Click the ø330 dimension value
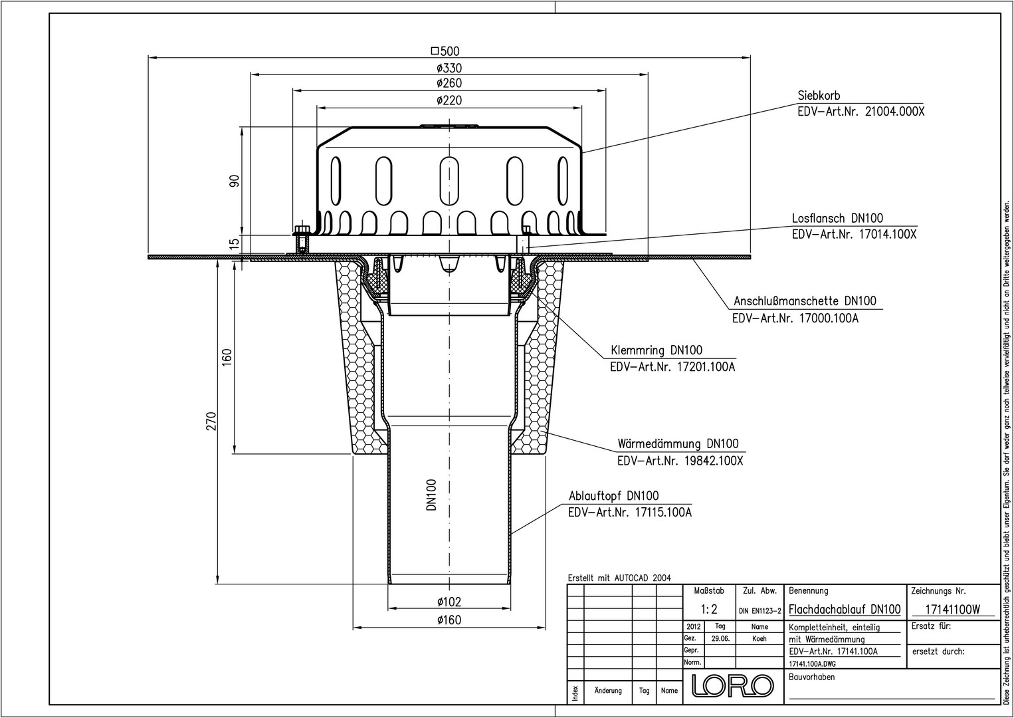pos(449,68)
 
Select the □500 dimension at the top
pos(445,51)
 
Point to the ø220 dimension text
pos(449,100)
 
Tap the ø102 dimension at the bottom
pos(449,602)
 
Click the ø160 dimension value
pos(449,620)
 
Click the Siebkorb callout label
pos(819,96)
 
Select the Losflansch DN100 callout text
pos(837,218)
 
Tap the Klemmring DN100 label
pos(657,350)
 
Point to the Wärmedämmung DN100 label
pos(678,443)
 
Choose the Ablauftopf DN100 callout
pos(614,496)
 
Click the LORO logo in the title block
pos(733,685)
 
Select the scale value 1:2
pos(709,609)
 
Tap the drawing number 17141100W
pos(952,610)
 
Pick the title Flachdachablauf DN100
pos(845,609)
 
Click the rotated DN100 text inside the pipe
pos(432,495)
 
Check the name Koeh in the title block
pos(760,639)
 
